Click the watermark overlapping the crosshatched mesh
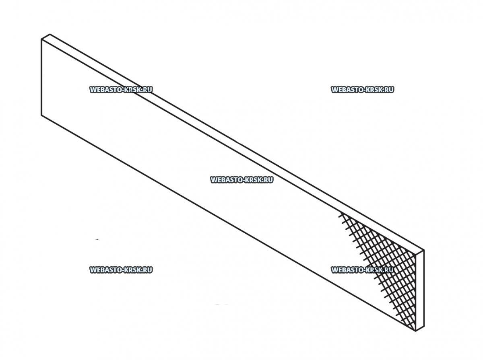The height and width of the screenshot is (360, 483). tap(362, 270)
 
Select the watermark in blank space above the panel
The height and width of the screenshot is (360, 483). tap(362, 90)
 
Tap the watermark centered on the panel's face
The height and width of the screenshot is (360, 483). tap(242, 180)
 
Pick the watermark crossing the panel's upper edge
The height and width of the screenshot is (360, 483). tap(121, 90)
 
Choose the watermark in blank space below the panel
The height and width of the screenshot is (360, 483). tap(121, 270)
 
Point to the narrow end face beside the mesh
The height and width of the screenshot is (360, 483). tap(420, 290)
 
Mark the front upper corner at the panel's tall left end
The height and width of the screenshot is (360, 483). tap(41, 39)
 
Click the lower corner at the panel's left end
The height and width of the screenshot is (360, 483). tap(41, 115)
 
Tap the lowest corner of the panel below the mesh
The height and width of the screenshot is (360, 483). tap(416, 331)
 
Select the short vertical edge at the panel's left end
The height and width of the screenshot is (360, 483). tap(41, 77)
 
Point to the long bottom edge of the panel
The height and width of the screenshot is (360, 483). tap(229, 223)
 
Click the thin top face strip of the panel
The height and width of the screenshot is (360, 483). tap(233, 144)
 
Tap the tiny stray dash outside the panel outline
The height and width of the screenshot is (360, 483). tap(97, 239)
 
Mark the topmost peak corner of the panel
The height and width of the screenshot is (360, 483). tap(50, 34)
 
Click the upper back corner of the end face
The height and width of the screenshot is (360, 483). tap(424, 250)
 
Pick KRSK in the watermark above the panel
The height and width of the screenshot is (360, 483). tap(374, 90)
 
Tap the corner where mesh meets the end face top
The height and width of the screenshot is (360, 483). tap(416, 255)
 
